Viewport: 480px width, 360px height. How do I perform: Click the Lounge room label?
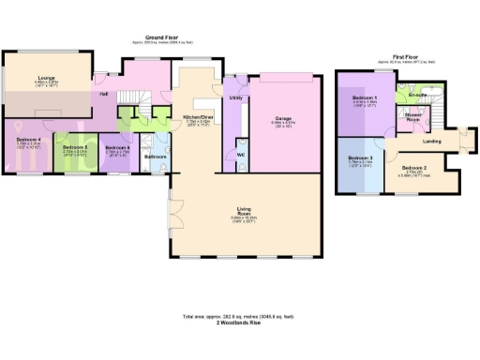point(46,77)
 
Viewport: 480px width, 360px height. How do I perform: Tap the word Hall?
point(103,93)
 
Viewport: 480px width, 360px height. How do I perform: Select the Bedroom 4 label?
point(27,140)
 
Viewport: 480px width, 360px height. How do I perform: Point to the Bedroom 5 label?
point(75,147)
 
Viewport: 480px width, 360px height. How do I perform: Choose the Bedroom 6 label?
point(117,147)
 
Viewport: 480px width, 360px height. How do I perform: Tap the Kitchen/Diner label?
point(197,116)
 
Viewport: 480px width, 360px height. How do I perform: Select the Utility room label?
point(235,97)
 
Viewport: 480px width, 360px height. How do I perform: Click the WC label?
point(241,154)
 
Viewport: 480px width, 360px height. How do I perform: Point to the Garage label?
point(282,118)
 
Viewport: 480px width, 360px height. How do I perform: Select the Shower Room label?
point(412,117)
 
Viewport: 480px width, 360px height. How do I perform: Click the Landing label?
point(432,142)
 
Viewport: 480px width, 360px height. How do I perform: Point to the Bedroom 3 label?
point(361,158)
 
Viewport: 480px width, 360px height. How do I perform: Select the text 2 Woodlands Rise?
point(241,321)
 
